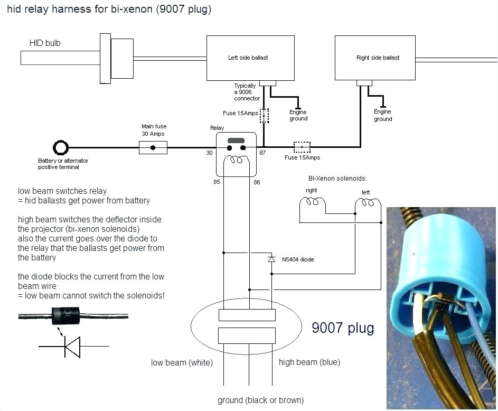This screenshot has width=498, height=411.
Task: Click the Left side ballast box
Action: coord(250,58)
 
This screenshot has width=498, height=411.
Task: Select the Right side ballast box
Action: coord(377,58)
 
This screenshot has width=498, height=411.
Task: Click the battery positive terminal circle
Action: coord(61,147)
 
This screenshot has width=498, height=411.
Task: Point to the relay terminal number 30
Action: coord(209,153)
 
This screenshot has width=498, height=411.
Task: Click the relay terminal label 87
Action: coord(262,153)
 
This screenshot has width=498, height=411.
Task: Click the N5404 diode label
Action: coord(298,259)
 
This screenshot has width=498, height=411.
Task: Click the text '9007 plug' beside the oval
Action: coord(342,328)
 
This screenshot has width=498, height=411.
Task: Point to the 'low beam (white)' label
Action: coord(182,362)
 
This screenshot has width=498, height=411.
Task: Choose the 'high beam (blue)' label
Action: coord(309,362)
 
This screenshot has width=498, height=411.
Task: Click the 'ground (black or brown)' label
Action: coord(260,400)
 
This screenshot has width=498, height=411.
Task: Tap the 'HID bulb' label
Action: coord(45,43)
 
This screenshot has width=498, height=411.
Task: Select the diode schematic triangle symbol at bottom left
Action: coord(72,347)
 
